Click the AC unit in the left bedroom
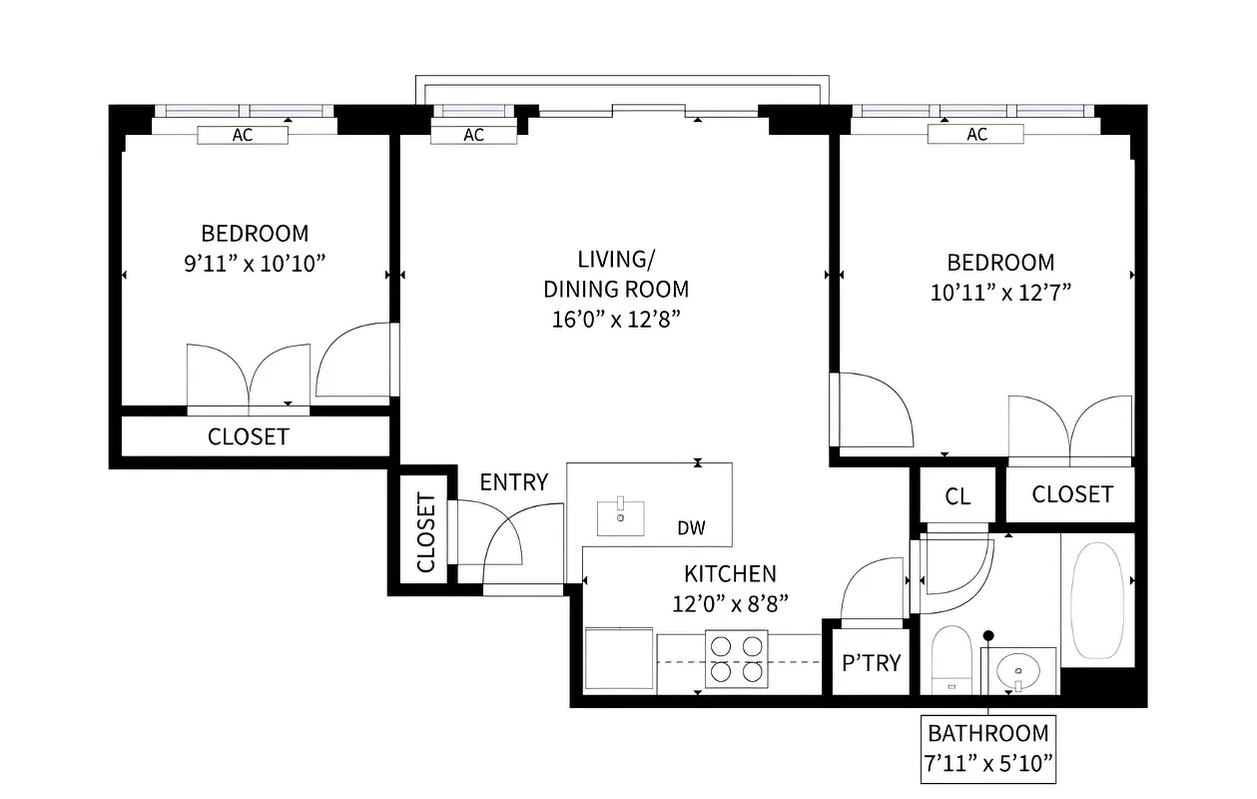click(243, 135)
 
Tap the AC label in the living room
click(474, 135)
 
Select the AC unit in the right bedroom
click(976, 134)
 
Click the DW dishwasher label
click(691, 528)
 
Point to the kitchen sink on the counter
click(621, 516)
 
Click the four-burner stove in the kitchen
click(737, 659)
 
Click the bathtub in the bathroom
click(1096, 599)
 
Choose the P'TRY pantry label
click(872, 662)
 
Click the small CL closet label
click(957, 496)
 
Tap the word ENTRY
click(513, 482)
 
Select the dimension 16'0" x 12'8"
click(615, 319)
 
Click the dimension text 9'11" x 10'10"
click(255, 264)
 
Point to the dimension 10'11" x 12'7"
click(1000, 293)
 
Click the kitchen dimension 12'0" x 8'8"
click(729, 603)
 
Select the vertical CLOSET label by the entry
click(426, 532)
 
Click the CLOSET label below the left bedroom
click(249, 436)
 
